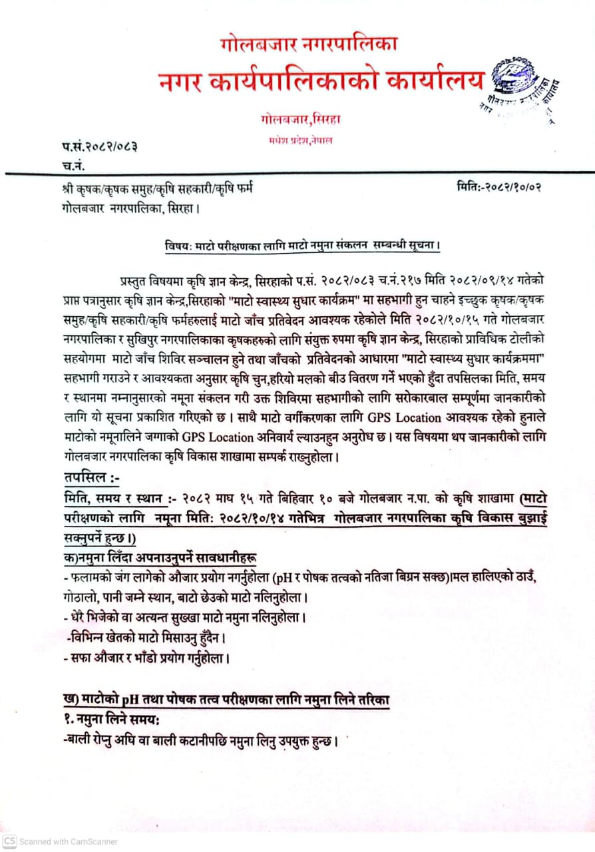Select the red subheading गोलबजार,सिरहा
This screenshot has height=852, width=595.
click(x=301, y=120)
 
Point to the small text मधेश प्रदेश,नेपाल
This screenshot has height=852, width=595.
click(x=301, y=140)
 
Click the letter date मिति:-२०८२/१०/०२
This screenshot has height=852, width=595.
click(x=499, y=187)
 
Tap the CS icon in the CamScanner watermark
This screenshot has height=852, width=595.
click(x=9, y=841)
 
